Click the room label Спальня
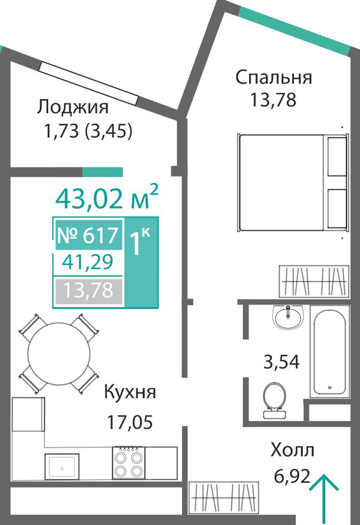click(273, 78)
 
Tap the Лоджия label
click(73, 107)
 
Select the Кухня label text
click(130, 392)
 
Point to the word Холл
click(292, 450)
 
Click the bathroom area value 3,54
click(281, 362)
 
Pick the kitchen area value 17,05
click(130, 422)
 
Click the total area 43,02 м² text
click(107, 199)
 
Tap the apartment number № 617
click(88, 235)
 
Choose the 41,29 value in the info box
click(88, 262)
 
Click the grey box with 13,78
click(89, 291)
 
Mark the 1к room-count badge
click(140, 242)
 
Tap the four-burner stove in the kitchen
click(129, 463)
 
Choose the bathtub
click(329, 351)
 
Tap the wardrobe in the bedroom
click(314, 281)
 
